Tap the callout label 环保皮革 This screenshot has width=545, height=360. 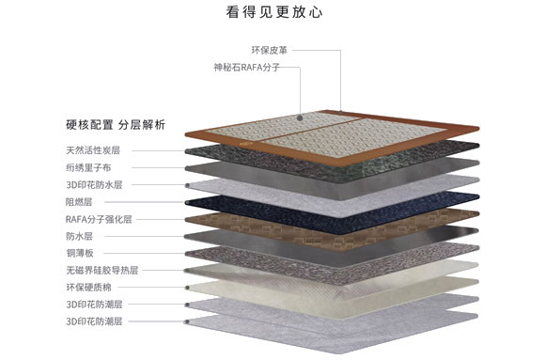pos(269,49)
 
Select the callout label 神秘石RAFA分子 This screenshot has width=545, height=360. pos(247,68)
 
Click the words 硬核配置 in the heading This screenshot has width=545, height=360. pos(90,124)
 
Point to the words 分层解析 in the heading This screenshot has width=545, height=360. pos(142,124)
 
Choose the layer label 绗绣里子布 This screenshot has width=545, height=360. pos(87,167)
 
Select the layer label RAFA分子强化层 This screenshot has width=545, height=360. pos(99,218)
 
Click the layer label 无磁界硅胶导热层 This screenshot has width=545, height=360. pos(102,270)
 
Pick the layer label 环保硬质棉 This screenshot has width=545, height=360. pos(87,287)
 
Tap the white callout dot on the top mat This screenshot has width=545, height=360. pos(299,118)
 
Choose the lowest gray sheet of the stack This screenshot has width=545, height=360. pos(319,324)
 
